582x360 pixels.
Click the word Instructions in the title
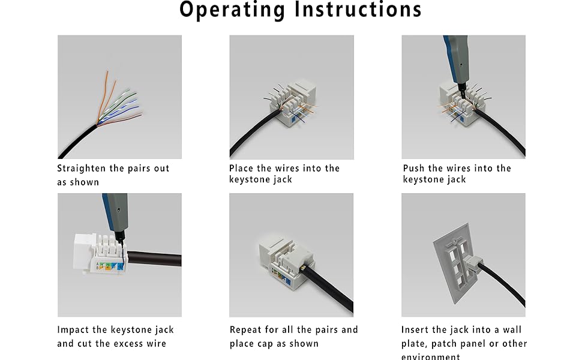(355, 10)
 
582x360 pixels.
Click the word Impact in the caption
(74, 330)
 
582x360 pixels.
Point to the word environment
(431, 357)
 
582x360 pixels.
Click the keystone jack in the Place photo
(292, 102)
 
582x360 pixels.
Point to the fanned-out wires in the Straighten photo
(117, 102)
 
